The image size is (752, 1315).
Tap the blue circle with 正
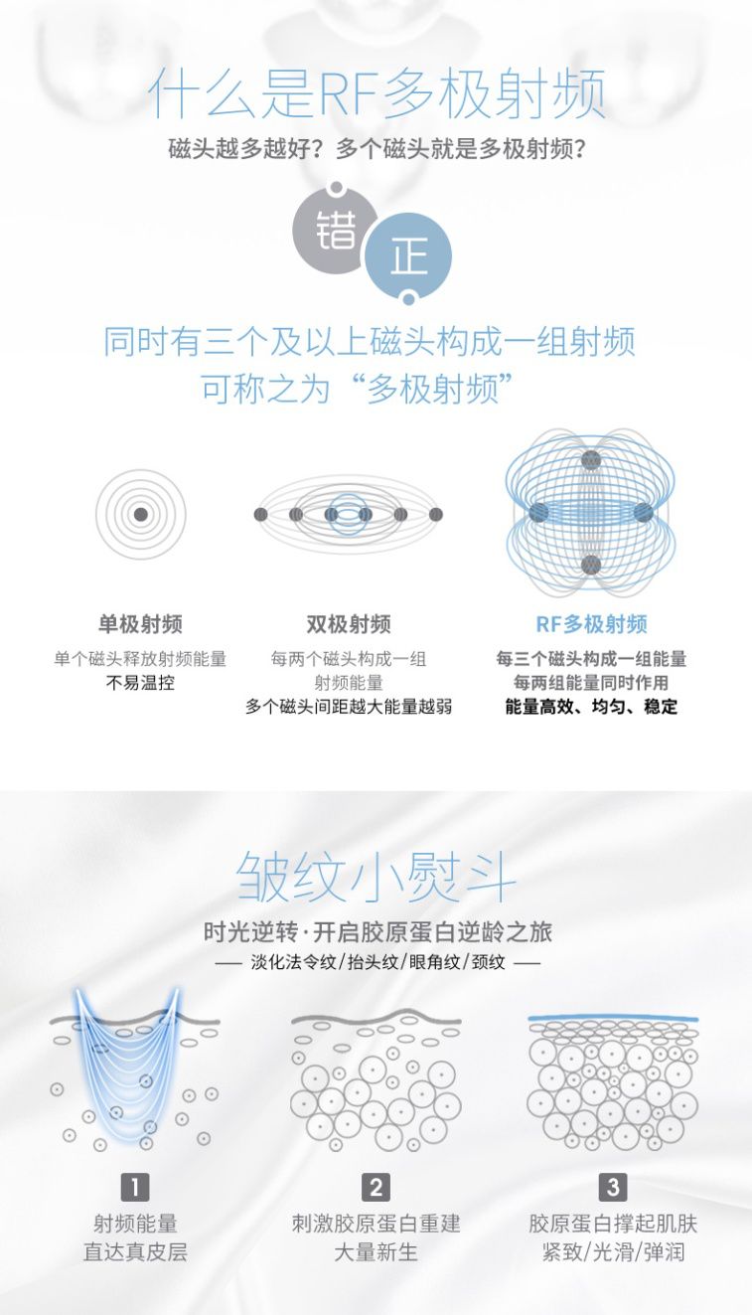pos(408,255)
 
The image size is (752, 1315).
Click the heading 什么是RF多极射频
pos(376,95)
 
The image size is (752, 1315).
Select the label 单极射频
pos(140,624)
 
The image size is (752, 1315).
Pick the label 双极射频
pos(348,624)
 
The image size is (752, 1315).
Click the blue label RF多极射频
pos(591,624)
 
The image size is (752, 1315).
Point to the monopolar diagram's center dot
pos(140,514)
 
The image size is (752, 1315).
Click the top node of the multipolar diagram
pos(591,460)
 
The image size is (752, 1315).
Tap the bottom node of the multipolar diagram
pos(591,566)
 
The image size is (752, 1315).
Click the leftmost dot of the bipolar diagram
pos(261,514)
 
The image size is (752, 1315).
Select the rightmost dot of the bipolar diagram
pos(435,514)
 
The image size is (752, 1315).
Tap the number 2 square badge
pos(376,1186)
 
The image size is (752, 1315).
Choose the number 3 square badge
pos(613,1186)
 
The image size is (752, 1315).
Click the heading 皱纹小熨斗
pos(376,877)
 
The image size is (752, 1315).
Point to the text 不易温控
pos(140,683)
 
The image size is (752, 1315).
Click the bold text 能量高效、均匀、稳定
pos(591,707)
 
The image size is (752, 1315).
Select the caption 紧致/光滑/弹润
pos(613,1251)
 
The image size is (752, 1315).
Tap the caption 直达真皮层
pos(135,1251)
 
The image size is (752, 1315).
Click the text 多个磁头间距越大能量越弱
pos(348,707)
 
